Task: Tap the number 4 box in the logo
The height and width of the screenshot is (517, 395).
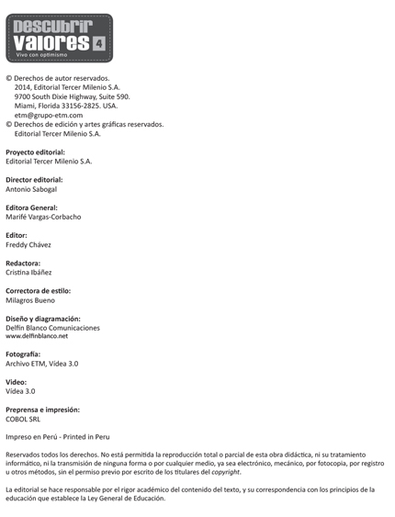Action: (x=99, y=41)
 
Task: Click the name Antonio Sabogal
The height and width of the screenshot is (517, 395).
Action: (x=31, y=189)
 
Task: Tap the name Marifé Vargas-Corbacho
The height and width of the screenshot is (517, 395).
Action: (x=43, y=217)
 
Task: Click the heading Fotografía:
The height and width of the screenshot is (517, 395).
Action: (x=26, y=354)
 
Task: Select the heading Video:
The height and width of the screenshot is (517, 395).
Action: (x=17, y=382)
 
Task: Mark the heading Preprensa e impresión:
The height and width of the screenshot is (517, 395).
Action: (x=43, y=410)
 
